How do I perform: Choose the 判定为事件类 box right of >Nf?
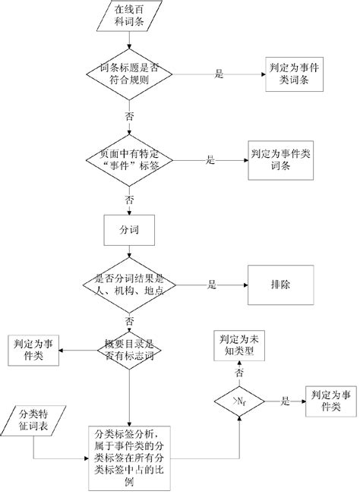[x=325, y=401]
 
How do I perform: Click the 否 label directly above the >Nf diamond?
[x=239, y=374]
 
